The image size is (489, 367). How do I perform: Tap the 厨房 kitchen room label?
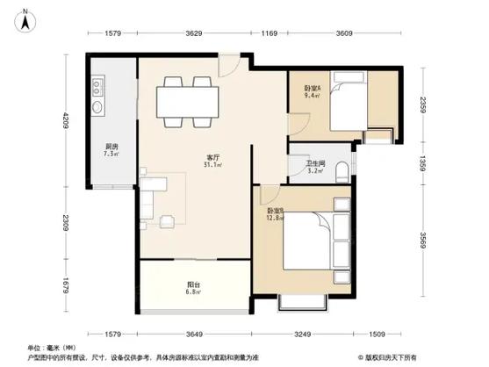[x=111, y=147]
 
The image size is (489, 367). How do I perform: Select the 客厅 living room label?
[x=212, y=156]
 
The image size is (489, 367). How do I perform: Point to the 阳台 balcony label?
[x=191, y=283]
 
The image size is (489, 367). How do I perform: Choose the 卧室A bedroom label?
[x=313, y=88]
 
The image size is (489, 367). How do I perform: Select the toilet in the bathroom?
[x=346, y=166]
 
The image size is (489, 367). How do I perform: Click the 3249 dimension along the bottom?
[x=303, y=333]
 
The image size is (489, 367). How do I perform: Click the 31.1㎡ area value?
[x=212, y=165]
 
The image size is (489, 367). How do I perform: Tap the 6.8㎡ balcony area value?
[x=191, y=291]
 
